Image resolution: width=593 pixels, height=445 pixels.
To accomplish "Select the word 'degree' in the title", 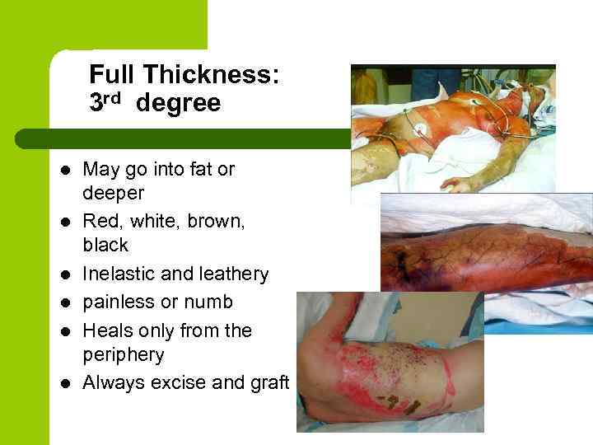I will click(179, 104).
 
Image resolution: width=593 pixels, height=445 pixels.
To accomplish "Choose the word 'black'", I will click(105, 246).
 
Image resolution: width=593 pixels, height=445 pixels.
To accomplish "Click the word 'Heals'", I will click(106, 330).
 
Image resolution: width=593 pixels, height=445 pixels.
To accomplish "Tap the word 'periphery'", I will click(124, 355).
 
